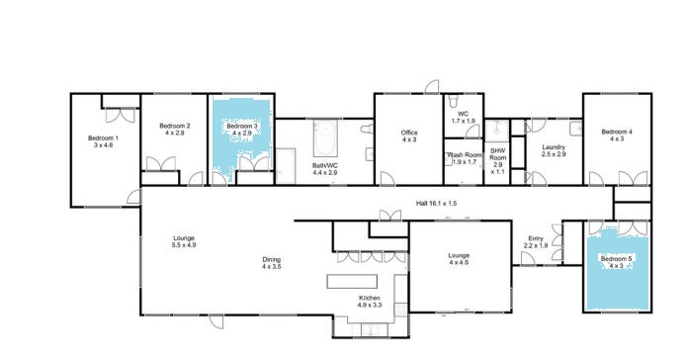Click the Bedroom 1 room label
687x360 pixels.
coord(103,141)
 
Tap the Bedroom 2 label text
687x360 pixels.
coord(175,130)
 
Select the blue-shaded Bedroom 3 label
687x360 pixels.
coord(242,130)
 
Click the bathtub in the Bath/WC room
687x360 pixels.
coord(325,138)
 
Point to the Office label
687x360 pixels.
coord(409,135)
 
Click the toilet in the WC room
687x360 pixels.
coord(453,101)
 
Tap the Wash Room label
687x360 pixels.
coord(464,158)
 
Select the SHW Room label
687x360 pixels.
coord(498,161)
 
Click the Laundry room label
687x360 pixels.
coord(554,150)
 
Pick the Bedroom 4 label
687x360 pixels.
coord(617,135)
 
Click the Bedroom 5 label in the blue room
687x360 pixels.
coord(617,262)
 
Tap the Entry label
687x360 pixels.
coord(536,241)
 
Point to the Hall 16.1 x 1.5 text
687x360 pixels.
coord(436,204)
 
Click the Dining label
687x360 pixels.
coord(272,263)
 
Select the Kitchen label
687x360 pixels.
coord(370,302)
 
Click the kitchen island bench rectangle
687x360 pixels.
coord(352,282)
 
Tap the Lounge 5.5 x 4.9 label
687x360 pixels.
coord(184,241)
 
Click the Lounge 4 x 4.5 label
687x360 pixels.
coord(459,259)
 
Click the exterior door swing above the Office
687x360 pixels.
coord(432,87)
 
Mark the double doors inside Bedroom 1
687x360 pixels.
coord(121,116)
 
